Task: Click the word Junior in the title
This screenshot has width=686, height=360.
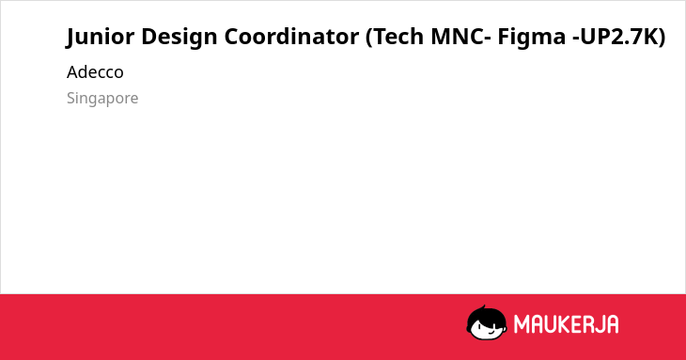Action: [101, 37]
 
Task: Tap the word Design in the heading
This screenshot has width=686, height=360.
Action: [179, 37]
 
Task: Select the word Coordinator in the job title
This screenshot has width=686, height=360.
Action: [291, 36]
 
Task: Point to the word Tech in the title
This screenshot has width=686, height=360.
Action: [398, 36]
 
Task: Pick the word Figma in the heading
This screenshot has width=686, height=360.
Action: [532, 37]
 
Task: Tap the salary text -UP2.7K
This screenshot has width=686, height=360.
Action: [614, 36]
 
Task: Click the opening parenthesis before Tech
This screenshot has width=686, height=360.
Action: [368, 37]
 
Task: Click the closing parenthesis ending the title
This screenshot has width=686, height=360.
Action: [661, 37]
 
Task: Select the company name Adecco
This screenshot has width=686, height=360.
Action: [95, 72]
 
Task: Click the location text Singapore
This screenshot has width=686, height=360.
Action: [102, 99]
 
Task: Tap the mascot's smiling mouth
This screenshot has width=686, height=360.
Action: [491, 332]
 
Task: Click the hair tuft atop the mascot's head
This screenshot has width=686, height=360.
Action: [483, 308]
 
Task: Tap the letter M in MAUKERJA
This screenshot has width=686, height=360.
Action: [522, 324]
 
